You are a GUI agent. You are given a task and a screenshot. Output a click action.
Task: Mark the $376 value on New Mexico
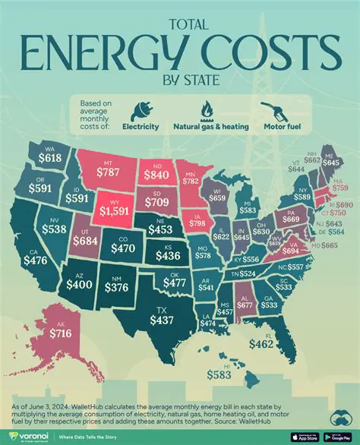(x=115, y=287)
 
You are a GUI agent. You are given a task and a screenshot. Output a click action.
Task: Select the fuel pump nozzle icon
(x=272, y=109)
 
